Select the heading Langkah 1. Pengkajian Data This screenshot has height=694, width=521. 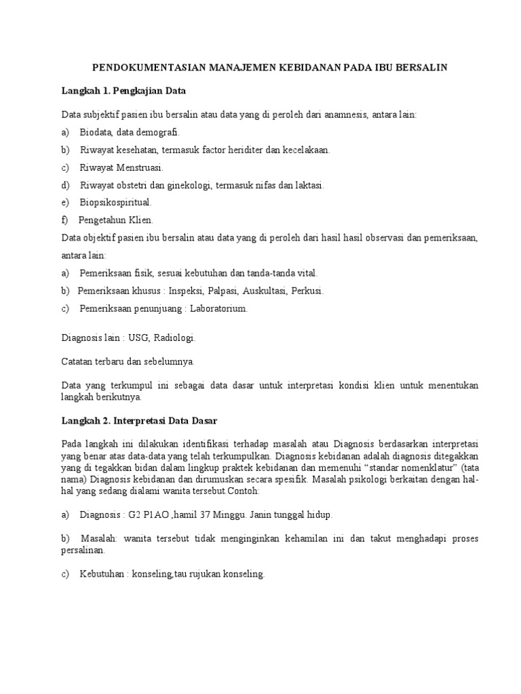123,90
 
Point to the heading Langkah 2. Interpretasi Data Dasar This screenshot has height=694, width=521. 139,421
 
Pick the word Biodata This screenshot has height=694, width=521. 96,132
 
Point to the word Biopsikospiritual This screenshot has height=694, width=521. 115,203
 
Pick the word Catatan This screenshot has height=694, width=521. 77,361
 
